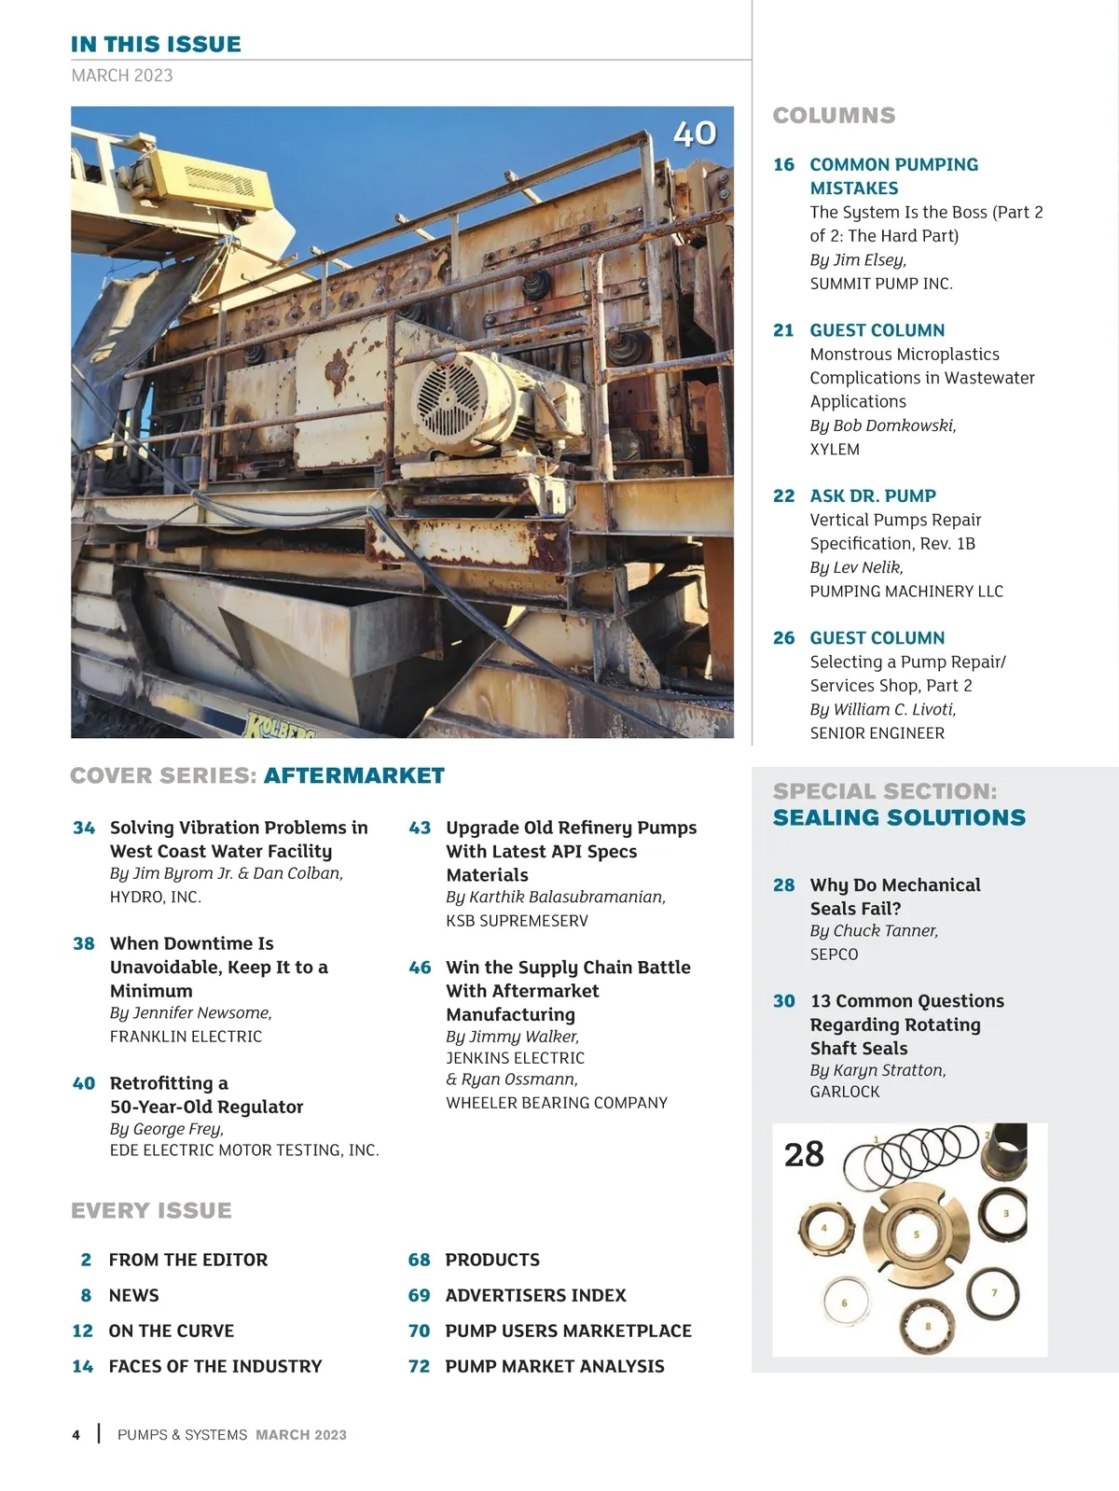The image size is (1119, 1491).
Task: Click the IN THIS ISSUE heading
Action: coord(156,44)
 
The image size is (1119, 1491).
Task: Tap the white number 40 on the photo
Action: coord(695,133)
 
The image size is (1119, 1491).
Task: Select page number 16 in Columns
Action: coord(783,165)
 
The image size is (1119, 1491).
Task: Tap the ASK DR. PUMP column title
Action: coord(873,496)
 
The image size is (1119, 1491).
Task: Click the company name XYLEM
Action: coord(835,450)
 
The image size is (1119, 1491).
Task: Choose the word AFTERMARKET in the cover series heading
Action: coord(353,776)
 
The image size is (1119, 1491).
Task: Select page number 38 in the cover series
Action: coord(84,943)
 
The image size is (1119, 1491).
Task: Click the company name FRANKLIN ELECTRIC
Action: coord(186,1037)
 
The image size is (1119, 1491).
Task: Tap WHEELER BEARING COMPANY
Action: coord(557,1103)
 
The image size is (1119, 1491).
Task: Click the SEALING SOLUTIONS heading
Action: coord(899,818)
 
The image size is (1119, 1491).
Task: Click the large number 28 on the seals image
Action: coord(804,1155)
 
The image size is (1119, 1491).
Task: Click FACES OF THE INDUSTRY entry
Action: coord(215,1367)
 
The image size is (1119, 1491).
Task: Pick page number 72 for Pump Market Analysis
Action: coord(420,1367)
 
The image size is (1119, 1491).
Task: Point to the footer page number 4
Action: coord(76,1435)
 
